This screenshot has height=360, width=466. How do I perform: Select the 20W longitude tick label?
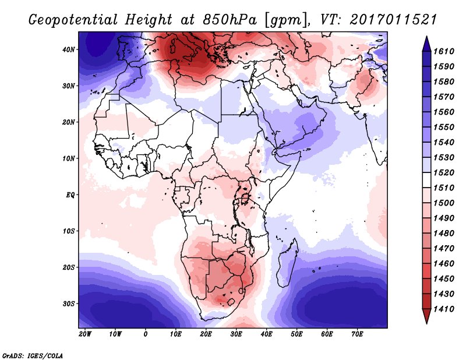(x=85, y=334)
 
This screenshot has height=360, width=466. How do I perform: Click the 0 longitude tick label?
(x=146, y=334)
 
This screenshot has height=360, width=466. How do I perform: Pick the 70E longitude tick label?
(x=358, y=334)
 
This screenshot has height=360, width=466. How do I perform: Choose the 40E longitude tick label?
(x=267, y=334)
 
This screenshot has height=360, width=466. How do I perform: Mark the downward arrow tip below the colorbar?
(x=426, y=321)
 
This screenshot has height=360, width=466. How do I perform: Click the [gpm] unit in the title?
(x=286, y=20)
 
